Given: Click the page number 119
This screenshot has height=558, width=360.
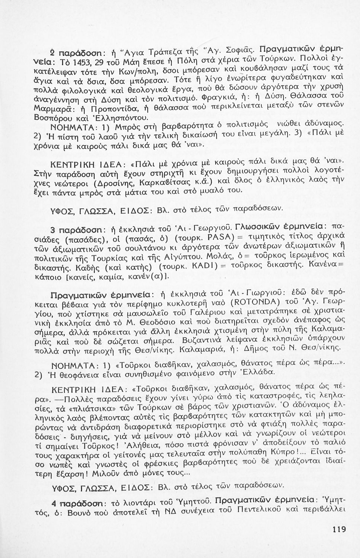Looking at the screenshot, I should [x=339, y=529].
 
